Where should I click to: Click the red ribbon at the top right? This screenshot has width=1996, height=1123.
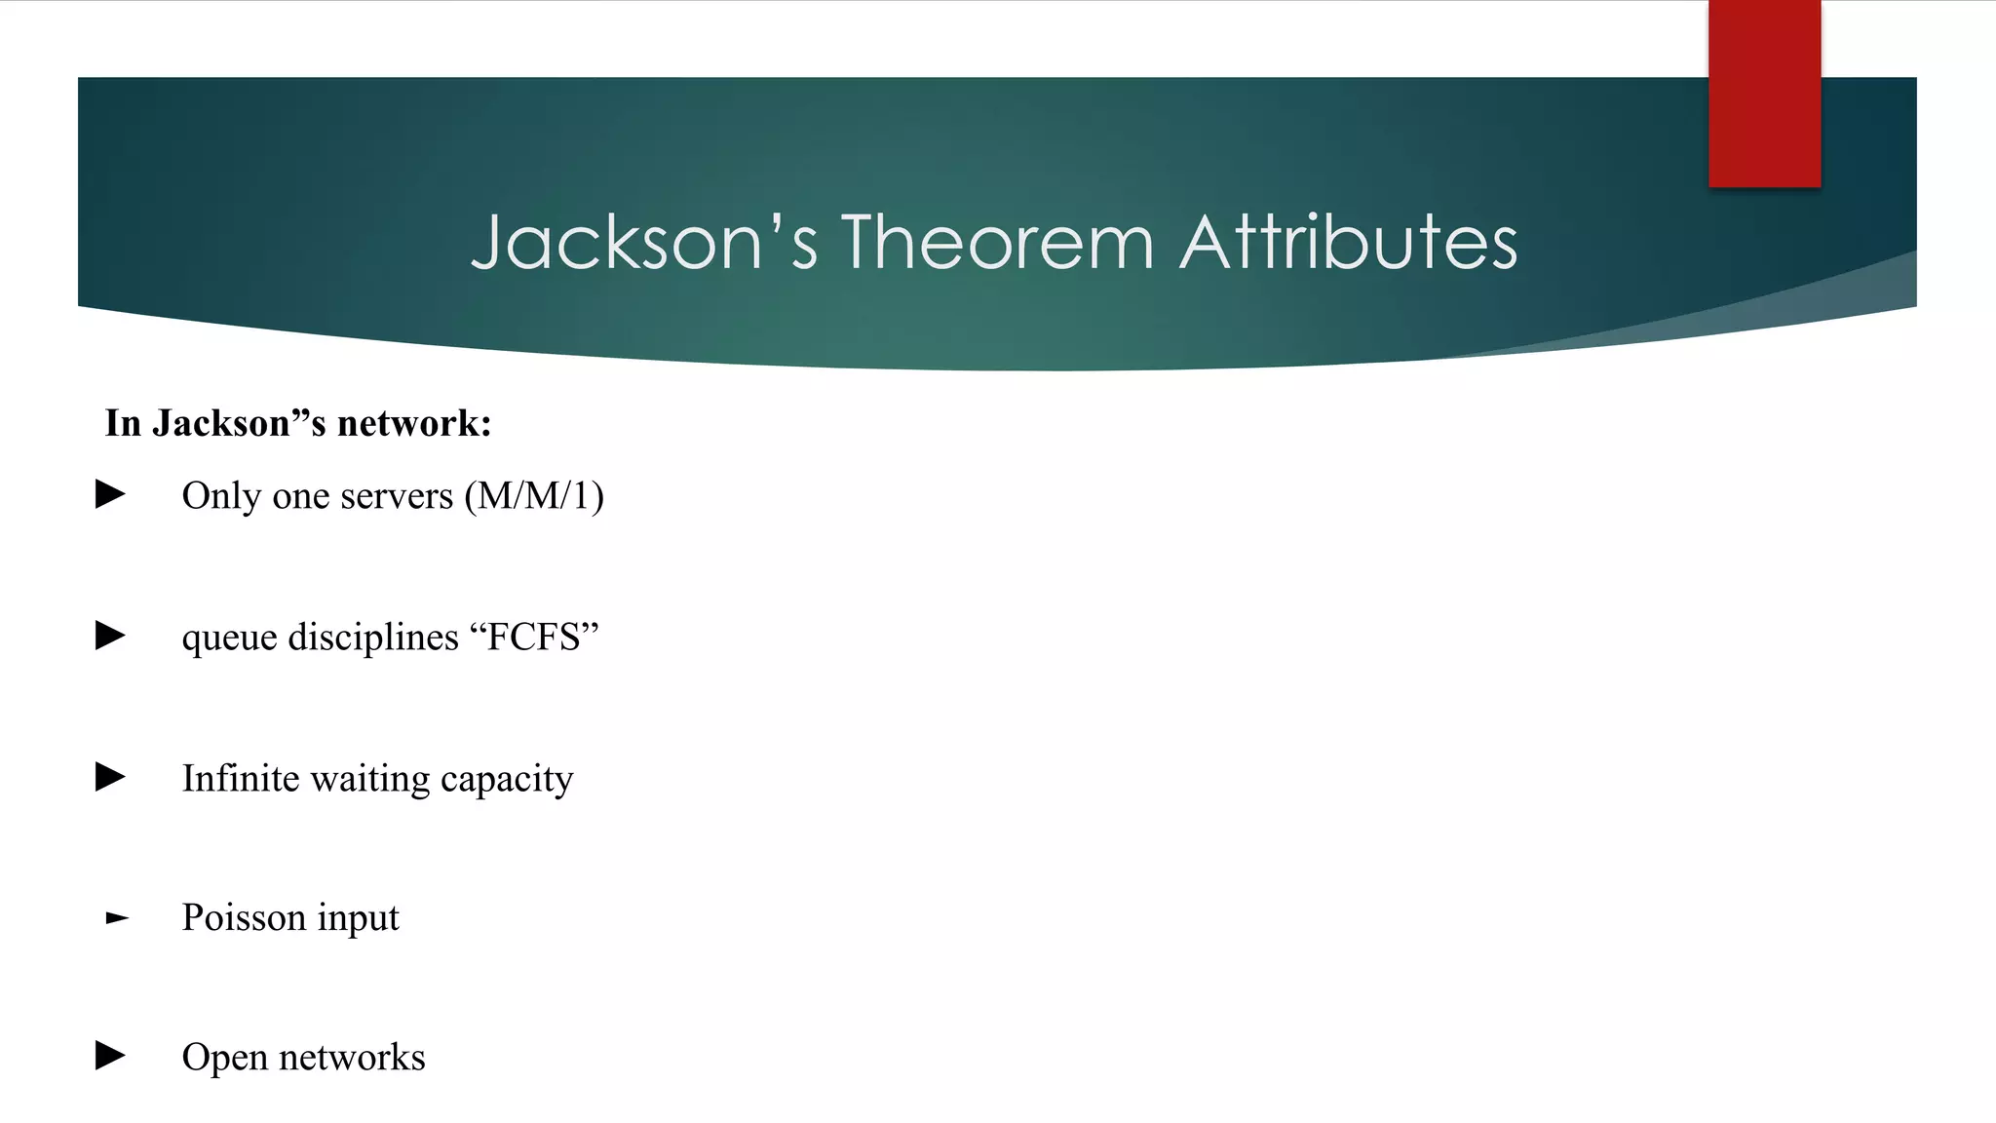[x=1764, y=94]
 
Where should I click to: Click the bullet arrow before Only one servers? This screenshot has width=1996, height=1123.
[x=110, y=494]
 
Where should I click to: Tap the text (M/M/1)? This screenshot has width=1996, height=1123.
[x=534, y=496]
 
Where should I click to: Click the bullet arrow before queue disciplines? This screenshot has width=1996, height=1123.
[x=110, y=636]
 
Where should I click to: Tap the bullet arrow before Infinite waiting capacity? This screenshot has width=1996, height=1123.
[x=110, y=777]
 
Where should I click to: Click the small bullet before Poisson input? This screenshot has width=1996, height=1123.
[x=117, y=918]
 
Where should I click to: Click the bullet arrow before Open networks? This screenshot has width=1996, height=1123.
[x=110, y=1055]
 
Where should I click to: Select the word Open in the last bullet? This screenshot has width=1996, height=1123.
[x=224, y=1058]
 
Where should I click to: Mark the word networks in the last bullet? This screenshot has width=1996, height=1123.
[x=352, y=1057]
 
